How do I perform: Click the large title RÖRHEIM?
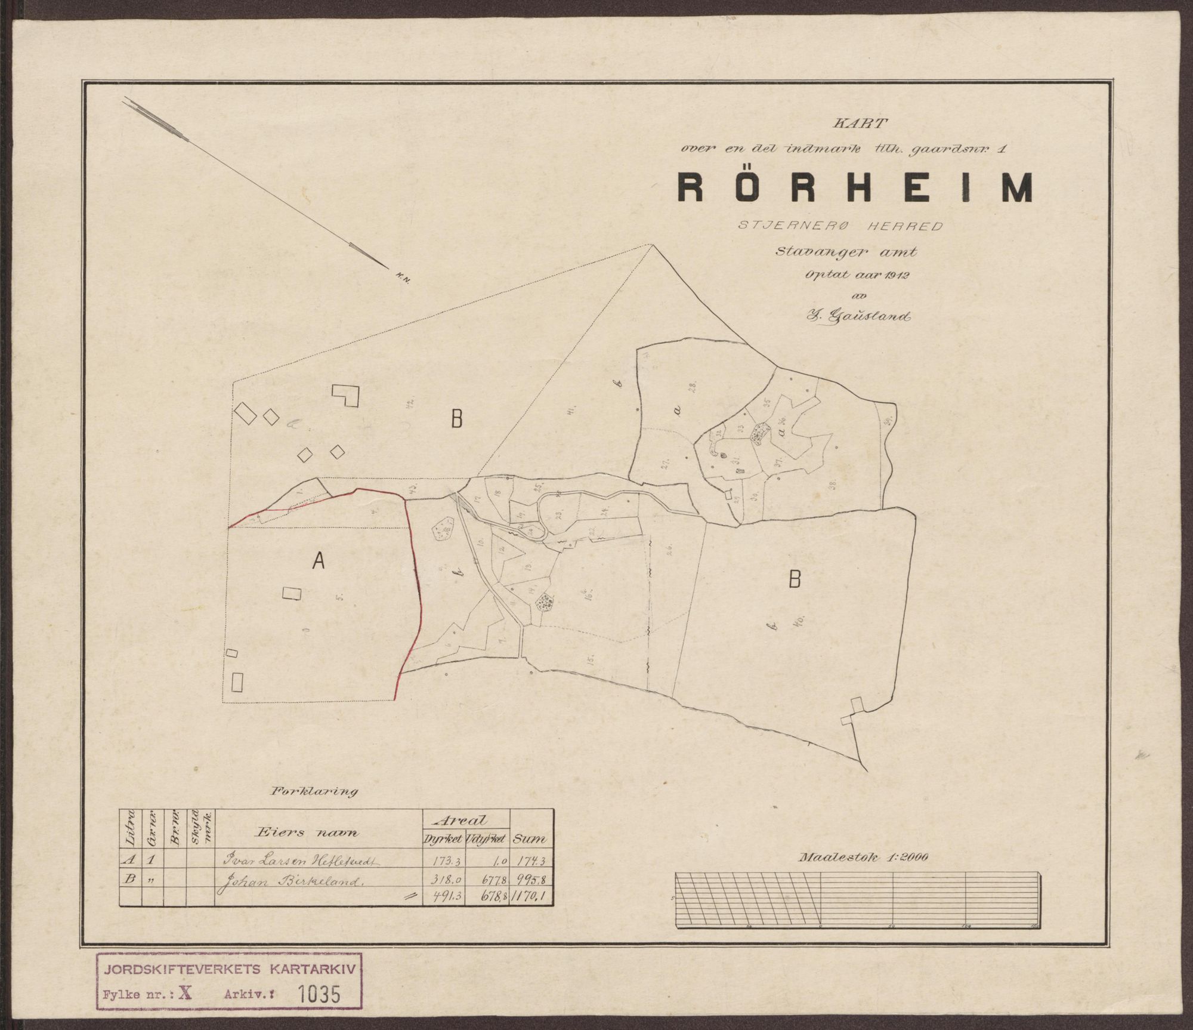pos(854,189)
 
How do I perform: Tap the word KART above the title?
pos(857,125)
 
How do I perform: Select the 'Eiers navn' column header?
pos(307,832)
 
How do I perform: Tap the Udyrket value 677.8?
pos(488,880)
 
